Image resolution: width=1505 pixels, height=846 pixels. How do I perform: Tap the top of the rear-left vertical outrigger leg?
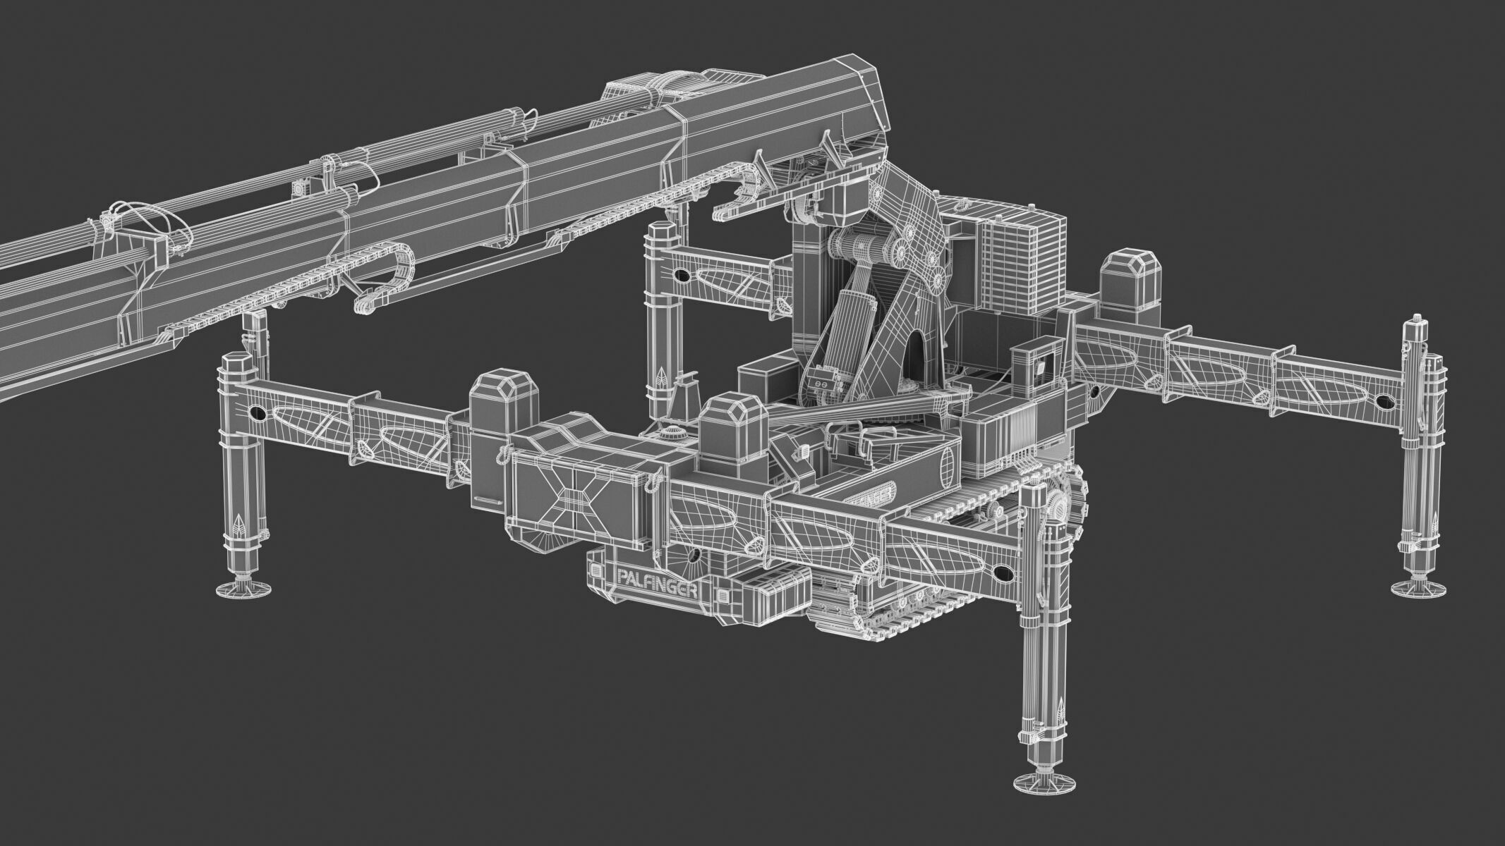[661, 232]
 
